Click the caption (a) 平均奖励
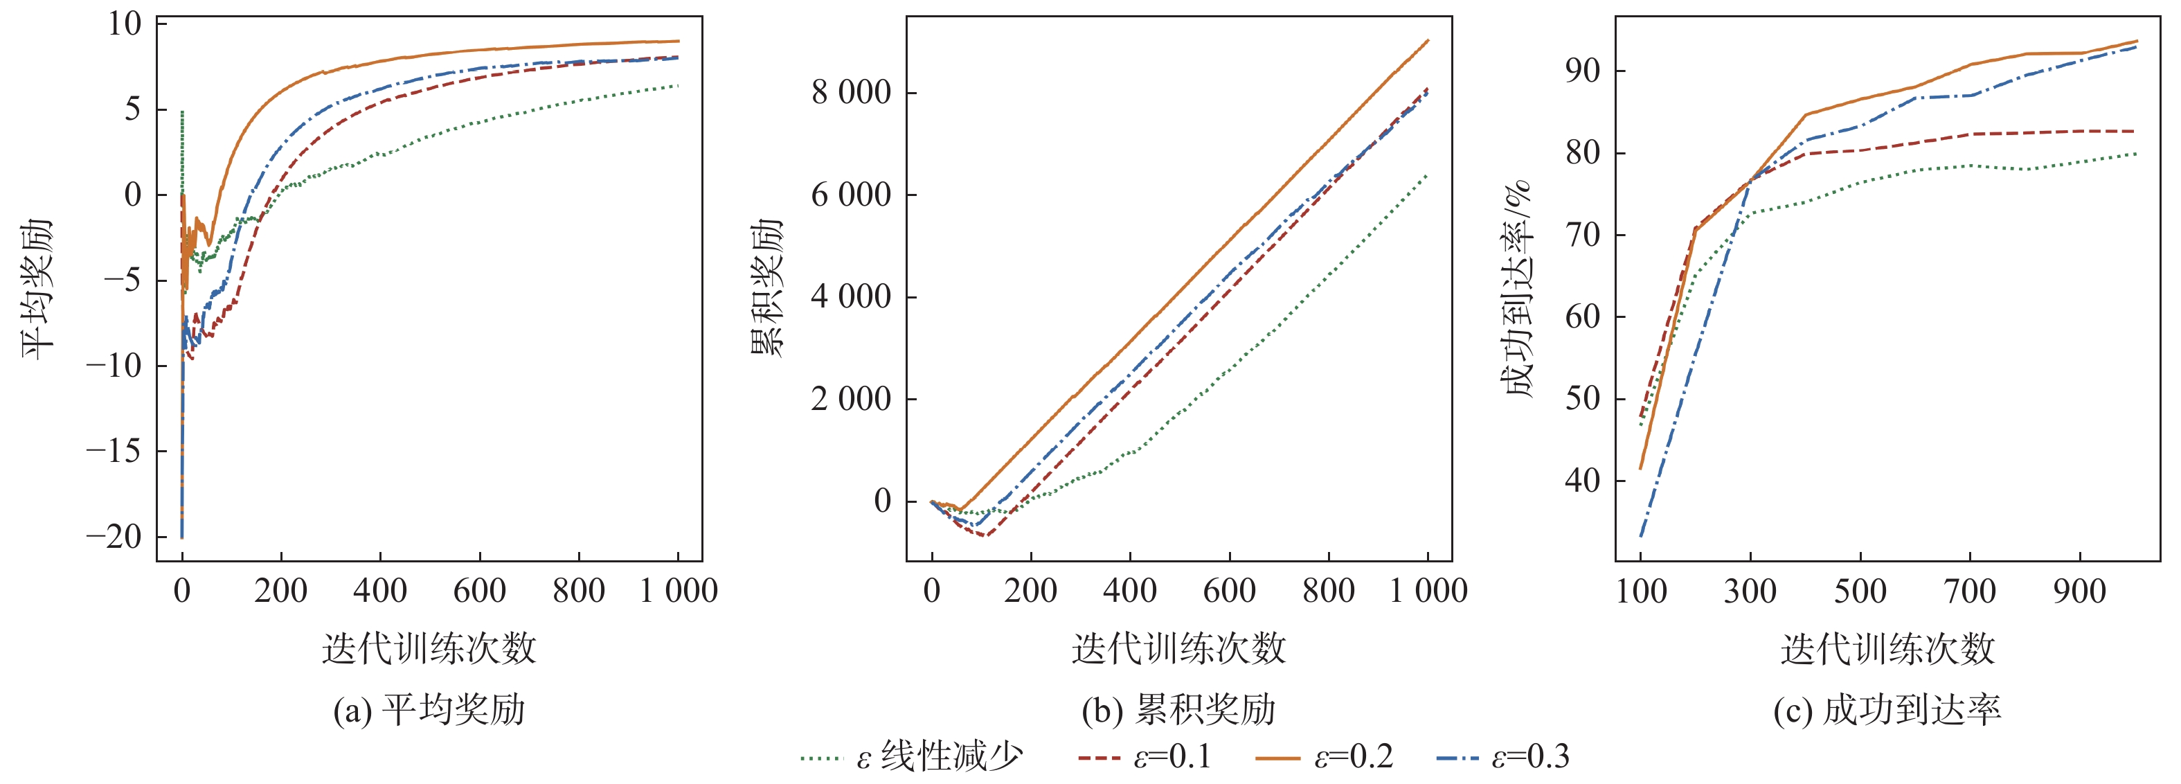tap(429, 709)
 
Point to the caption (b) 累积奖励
tap(1178, 709)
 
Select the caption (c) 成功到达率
tap(1887, 709)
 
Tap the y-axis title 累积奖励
tap(767, 289)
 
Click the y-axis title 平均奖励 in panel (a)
tap(37, 289)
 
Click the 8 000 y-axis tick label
tap(851, 92)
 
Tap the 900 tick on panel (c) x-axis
tap(2079, 591)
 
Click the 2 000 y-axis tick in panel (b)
tap(851, 399)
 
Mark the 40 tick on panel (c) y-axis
tap(1582, 481)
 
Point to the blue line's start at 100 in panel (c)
tap(1641, 536)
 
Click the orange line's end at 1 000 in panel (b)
tap(1428, 39)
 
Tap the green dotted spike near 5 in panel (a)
tap(182, 112)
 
